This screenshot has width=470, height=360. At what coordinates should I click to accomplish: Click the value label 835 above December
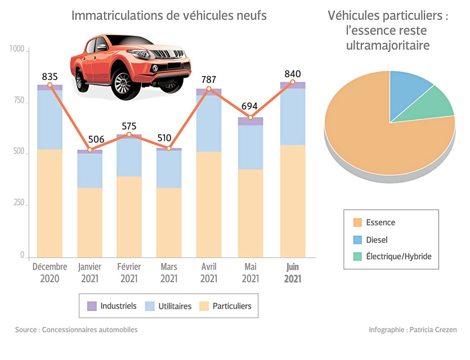click(x=50, y=77)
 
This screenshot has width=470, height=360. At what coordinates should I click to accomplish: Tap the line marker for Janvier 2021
click(x=89, y=150)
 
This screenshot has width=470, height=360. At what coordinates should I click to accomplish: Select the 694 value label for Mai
click(x=250, y=106)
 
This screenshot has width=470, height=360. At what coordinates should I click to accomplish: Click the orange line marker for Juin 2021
click(x=293, y=82)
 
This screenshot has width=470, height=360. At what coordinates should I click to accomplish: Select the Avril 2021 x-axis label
click(x=209, y=273)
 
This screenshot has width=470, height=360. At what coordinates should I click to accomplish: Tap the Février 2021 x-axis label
click(x=129, y=273)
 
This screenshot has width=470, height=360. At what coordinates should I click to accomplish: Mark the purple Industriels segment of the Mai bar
click(x=250, y=121)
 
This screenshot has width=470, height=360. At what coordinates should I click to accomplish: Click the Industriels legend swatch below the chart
click(x=92, y=306)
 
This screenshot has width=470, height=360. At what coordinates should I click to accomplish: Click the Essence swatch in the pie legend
click(x=357, y=223)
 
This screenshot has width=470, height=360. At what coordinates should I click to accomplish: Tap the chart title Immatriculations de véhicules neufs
click(x=169, y=16)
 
